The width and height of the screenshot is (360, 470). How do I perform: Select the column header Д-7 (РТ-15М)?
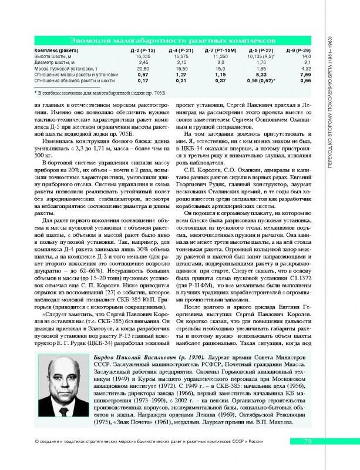220,51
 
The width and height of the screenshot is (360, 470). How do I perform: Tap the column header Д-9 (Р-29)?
298,51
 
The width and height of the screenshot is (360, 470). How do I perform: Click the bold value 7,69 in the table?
305,75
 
